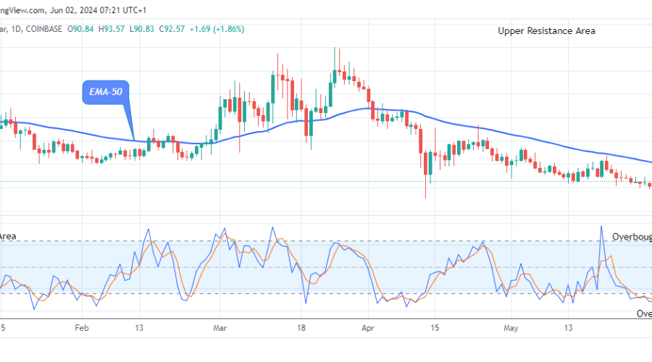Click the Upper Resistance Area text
click(547, 30)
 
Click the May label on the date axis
click(511, 327)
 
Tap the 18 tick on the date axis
click(304, 327)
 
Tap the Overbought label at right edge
click(631, 237)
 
